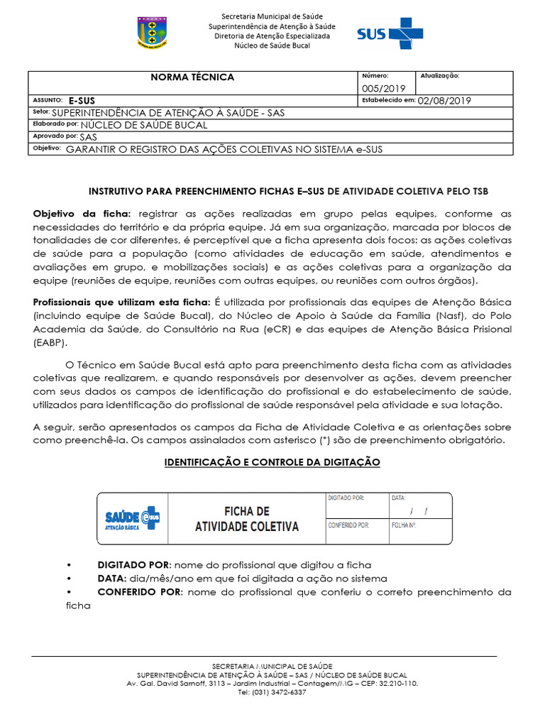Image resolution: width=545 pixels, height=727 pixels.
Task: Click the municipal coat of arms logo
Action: [152, 33]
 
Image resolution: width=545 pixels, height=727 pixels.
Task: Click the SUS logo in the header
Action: [390, 33]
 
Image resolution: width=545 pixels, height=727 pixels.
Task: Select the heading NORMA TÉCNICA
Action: [192, 77]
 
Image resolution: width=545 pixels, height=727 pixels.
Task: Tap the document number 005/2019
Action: [383, 88]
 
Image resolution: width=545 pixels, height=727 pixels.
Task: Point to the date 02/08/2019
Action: [444, 101]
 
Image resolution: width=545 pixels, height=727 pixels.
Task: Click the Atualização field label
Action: [440, 75]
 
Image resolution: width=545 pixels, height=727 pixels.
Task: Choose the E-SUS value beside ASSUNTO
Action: [82, 101]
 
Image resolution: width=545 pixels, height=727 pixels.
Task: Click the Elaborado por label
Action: [55, 124]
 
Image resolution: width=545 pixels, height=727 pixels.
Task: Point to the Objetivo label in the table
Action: [47, 148]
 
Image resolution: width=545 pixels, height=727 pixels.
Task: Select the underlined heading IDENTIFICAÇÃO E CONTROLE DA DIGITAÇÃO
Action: [272, 462]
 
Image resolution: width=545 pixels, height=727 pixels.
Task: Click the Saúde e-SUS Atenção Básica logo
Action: [131, 519]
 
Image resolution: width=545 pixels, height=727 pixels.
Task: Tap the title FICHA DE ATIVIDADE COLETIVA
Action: [247, 519]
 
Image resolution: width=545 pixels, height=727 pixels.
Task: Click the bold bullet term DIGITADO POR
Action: [134, 564]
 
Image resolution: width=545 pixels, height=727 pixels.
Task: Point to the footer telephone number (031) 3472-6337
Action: [272, 692]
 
